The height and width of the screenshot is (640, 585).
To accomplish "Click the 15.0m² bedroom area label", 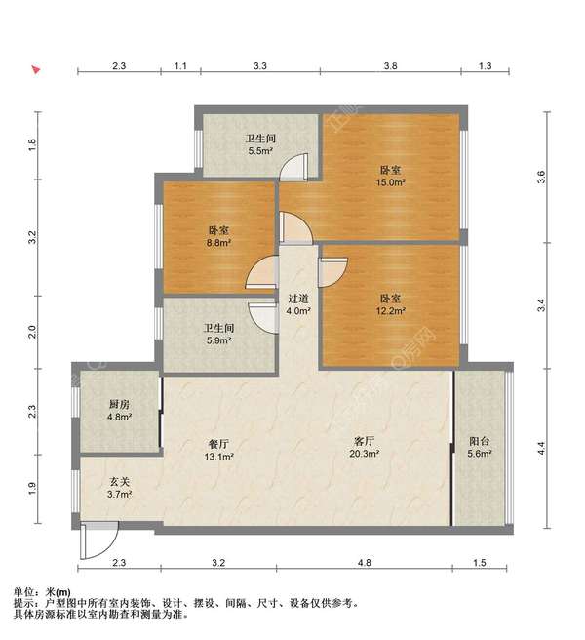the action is point(390,182).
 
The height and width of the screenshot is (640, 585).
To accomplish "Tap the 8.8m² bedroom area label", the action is point(219,243).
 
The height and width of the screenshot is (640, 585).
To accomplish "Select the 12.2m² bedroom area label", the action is point(390,311).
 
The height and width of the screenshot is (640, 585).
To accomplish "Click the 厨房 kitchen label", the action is point(119,404).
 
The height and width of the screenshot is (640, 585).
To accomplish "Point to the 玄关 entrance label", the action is point(119,482).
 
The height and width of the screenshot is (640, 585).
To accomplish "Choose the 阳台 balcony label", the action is point(479,441).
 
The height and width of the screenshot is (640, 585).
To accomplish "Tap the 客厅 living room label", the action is point(364,441).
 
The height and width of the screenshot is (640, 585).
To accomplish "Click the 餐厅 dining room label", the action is point(218,444).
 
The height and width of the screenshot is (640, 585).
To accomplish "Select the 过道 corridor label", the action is point(298,299).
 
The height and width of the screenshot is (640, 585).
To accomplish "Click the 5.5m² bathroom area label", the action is point(260,151).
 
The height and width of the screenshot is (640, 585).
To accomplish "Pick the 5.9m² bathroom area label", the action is point(219,340).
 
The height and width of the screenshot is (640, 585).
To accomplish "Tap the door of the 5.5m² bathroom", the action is point(293,167).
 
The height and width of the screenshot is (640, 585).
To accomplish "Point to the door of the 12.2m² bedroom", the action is point(332,272).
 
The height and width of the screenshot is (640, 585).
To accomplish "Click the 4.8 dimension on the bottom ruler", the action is point(365,563).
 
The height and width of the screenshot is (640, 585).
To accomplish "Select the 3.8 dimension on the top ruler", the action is point(390,66).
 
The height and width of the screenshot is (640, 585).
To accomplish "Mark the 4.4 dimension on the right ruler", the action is point(541,449).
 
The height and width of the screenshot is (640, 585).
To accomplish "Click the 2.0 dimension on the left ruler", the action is point(32,332).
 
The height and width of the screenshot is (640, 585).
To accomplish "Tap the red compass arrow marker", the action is point(36,70).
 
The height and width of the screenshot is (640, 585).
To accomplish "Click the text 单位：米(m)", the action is point(42,592).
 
